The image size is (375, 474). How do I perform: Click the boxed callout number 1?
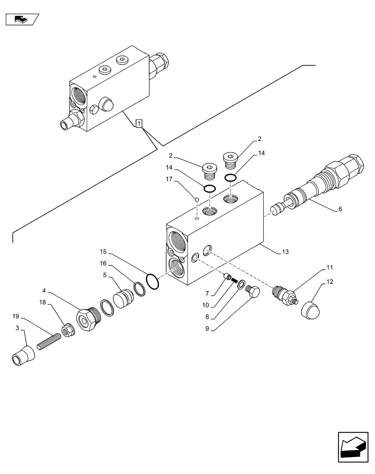pos(138,124)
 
